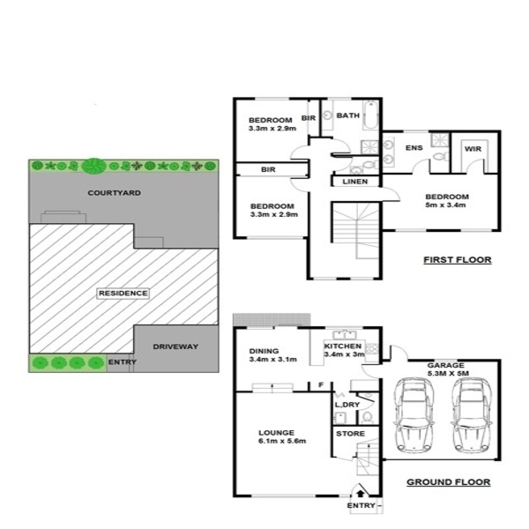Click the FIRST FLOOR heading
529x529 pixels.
click(457, 260)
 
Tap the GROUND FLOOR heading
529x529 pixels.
click(449, 482)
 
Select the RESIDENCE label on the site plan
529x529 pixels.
click(123, 294)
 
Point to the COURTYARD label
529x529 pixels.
click(115, 193)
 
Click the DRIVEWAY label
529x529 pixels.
click(175, 346)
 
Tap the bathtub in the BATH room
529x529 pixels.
click(370, 115)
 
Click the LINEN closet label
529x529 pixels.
click(355, 182)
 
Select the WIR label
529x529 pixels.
click(473, 149)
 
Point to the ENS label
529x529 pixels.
click(414, 148)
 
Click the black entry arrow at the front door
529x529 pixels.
click(361, 494)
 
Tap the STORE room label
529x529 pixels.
click(350, 434)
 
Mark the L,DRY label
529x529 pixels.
click(347, 405)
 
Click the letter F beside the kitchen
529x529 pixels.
click(321, 384)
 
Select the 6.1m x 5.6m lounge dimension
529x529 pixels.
click(282, 441)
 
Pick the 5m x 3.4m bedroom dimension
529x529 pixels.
click(445, 205)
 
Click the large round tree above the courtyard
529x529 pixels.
click(93, 167)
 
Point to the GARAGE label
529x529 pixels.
click(445, 365)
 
